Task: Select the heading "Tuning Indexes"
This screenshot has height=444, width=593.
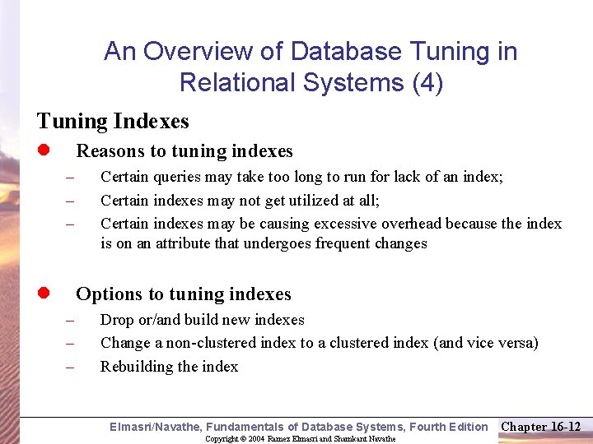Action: coord(113,122)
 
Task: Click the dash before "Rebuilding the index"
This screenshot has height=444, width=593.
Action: coord(71,368)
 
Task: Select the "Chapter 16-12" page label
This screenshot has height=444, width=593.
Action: coord(541,426)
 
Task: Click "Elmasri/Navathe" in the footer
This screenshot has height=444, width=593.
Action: coord(155,427)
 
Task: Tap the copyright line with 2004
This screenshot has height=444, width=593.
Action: coord(301,438)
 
